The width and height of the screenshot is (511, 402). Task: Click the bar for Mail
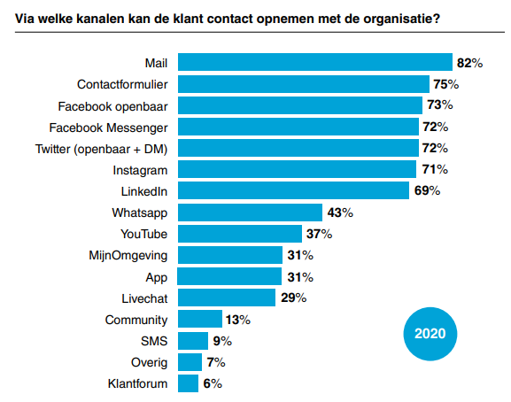click(315, 63)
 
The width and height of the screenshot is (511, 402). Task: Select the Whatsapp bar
click(250, 213)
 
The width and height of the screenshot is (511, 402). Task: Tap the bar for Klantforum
click(188, 383)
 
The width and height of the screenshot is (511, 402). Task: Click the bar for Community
click(200, 320)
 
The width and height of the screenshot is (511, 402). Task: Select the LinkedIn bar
click(293, 191)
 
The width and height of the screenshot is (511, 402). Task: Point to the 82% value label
click(469, 63)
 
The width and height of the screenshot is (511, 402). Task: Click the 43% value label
click(339, 213)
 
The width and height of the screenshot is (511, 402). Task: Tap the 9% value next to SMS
click(221, 341)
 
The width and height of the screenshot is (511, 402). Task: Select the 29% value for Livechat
click(293, 298)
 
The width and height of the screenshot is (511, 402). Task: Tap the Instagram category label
click(141, 170)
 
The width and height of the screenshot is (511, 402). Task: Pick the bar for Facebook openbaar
click(299, 105)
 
